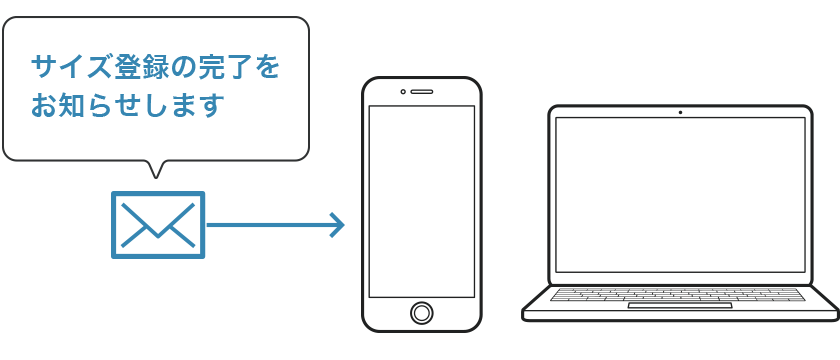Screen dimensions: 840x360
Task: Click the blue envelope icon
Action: click(158, 225)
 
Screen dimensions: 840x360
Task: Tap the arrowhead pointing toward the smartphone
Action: click(337, 225)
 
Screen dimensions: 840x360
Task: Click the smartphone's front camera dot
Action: click(403, 92)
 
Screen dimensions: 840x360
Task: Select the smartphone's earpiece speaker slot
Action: click(422, 92)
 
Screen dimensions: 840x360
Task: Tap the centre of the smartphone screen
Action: click(422, 201)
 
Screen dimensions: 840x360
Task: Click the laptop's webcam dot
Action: click(680, 112)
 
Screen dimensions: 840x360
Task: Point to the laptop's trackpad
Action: click(680, 305)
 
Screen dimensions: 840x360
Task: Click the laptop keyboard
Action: click(678, 294)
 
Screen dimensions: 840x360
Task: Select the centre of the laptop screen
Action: click(680, 194)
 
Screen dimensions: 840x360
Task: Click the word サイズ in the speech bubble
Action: click(72, 68)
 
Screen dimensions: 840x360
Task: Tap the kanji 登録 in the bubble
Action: click(140, 68)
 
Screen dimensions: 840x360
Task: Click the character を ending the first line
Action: click(265, 68)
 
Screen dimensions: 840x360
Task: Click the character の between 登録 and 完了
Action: click(182, 68)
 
